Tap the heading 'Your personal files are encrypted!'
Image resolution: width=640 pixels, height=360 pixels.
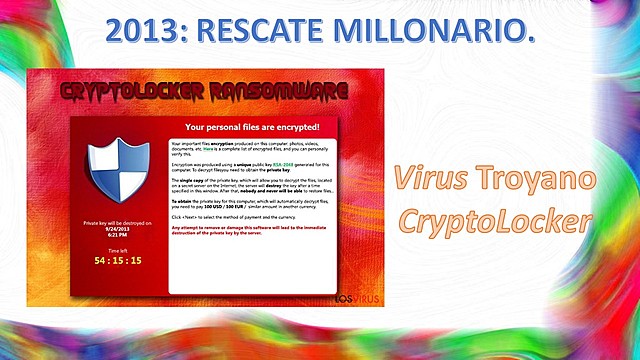pos(251,127)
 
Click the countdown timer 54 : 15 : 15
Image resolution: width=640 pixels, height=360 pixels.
pos(118,261)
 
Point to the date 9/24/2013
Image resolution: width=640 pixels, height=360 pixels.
pos(118,228)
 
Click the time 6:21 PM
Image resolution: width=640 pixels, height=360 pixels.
pos(118,234)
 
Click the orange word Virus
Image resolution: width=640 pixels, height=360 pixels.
pos(421,180)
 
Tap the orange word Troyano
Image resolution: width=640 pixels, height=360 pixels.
pos(539,180)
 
